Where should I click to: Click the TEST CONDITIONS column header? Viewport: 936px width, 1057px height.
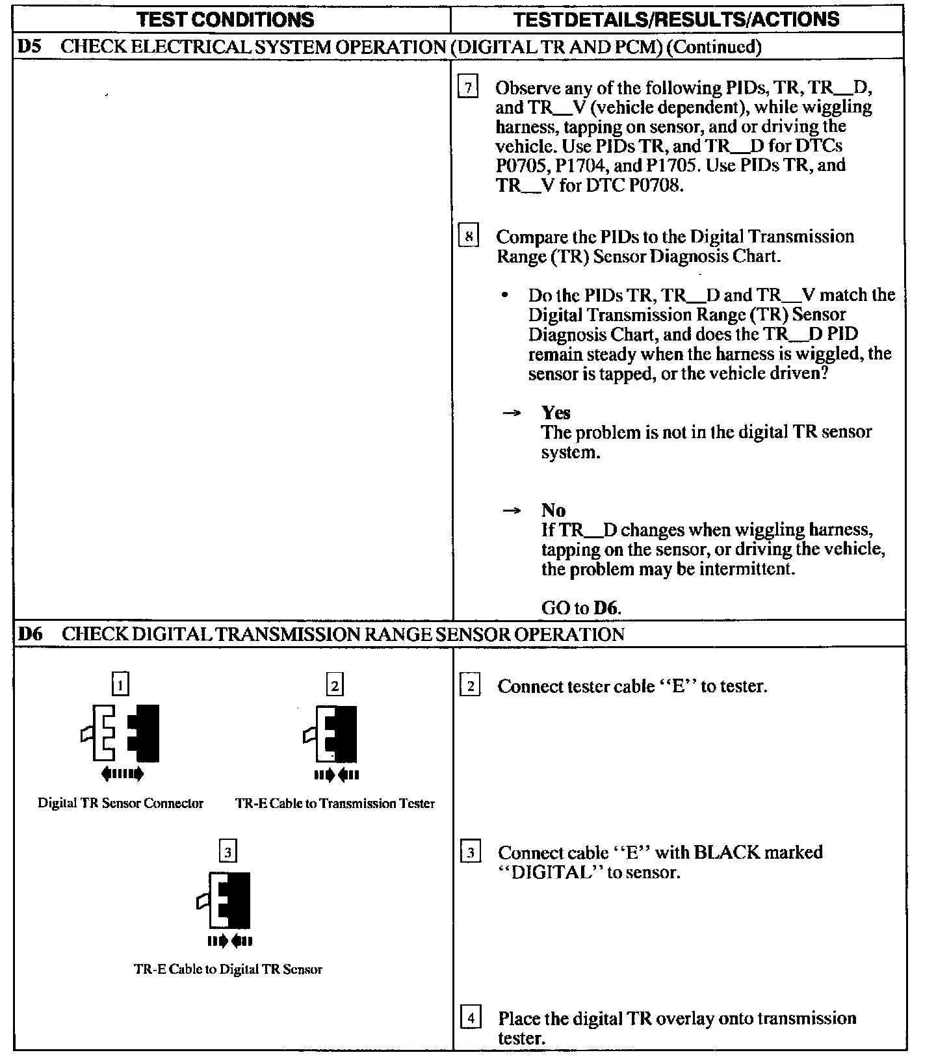coord(226,20)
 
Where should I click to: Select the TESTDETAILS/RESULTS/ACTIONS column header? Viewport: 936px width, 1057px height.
coord(676,20)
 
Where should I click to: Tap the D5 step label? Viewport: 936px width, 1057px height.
coord(29,47)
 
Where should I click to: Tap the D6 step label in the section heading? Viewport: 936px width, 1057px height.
coord(29,634)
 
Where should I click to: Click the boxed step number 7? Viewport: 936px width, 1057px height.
coord(468,87)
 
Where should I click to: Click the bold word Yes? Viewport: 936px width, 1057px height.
coord(556,413)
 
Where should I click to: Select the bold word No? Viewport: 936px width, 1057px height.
coord(553,510)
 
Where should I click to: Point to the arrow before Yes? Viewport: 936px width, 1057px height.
coord(513,413)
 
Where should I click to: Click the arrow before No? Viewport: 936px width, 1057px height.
coord(513,511)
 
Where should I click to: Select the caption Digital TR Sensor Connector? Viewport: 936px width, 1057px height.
coord(120,803)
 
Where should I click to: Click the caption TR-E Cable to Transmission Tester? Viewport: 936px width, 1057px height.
coord(335,803)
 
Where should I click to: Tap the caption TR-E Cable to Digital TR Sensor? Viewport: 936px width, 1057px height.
coord(227,969)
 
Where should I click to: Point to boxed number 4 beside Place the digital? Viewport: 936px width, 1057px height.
coord(471,1017)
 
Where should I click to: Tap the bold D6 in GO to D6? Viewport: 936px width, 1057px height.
coord(606,608)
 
